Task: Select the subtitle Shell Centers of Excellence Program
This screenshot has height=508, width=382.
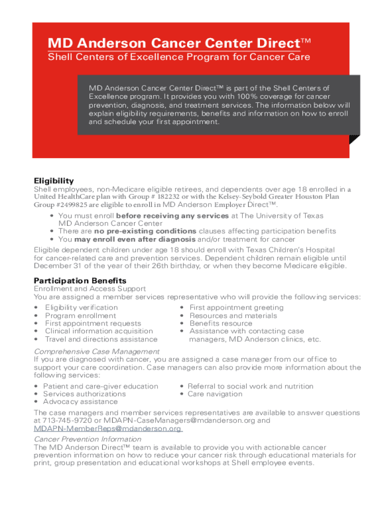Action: point(179,57)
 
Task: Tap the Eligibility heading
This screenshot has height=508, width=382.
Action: point(54,181)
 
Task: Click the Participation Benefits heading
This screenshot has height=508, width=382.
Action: point(80,281)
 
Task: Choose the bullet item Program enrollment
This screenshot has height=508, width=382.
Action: point(80,316)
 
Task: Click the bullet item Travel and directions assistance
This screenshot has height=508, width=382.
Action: point(101,339)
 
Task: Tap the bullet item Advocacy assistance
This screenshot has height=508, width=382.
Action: point(80,401)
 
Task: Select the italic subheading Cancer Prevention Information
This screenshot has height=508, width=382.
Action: point(87,439)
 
